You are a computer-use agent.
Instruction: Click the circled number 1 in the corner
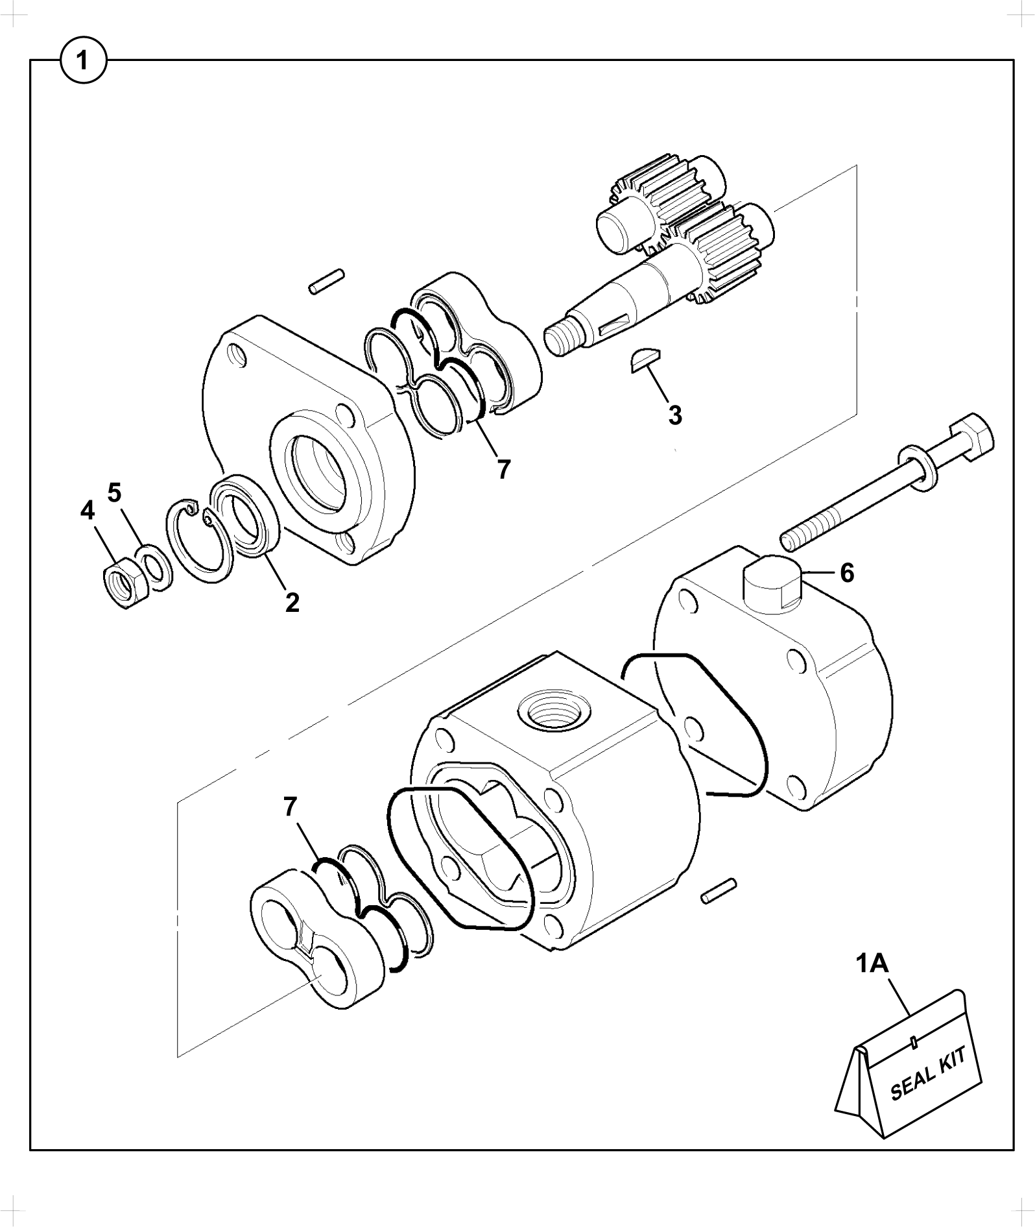[x=82, y=62]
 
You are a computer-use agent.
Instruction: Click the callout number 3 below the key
[x=674, y=415]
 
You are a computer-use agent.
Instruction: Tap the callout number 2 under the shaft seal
[x=292, y=603]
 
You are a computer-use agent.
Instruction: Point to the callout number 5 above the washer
[x=114, y=493]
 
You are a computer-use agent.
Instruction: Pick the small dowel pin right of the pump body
[x=718, y=890]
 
